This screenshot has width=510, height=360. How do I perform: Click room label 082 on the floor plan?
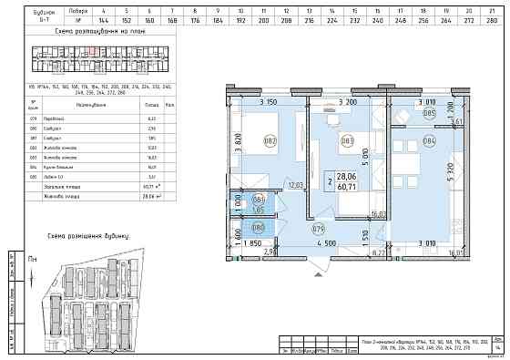pos(270,140)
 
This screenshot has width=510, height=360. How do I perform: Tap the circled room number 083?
pos(347,140)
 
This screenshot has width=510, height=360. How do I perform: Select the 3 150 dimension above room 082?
pos(268,102)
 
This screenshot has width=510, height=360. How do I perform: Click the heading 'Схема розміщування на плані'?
pos(87,32)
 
